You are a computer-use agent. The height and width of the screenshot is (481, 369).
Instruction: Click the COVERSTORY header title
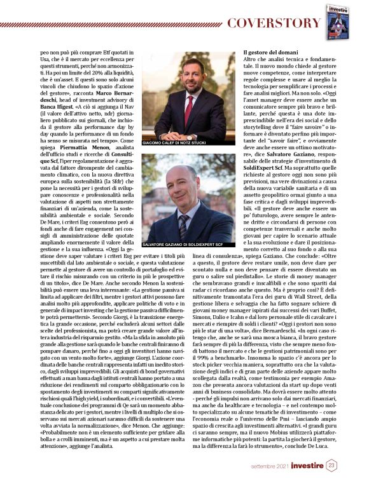point(274,24)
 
